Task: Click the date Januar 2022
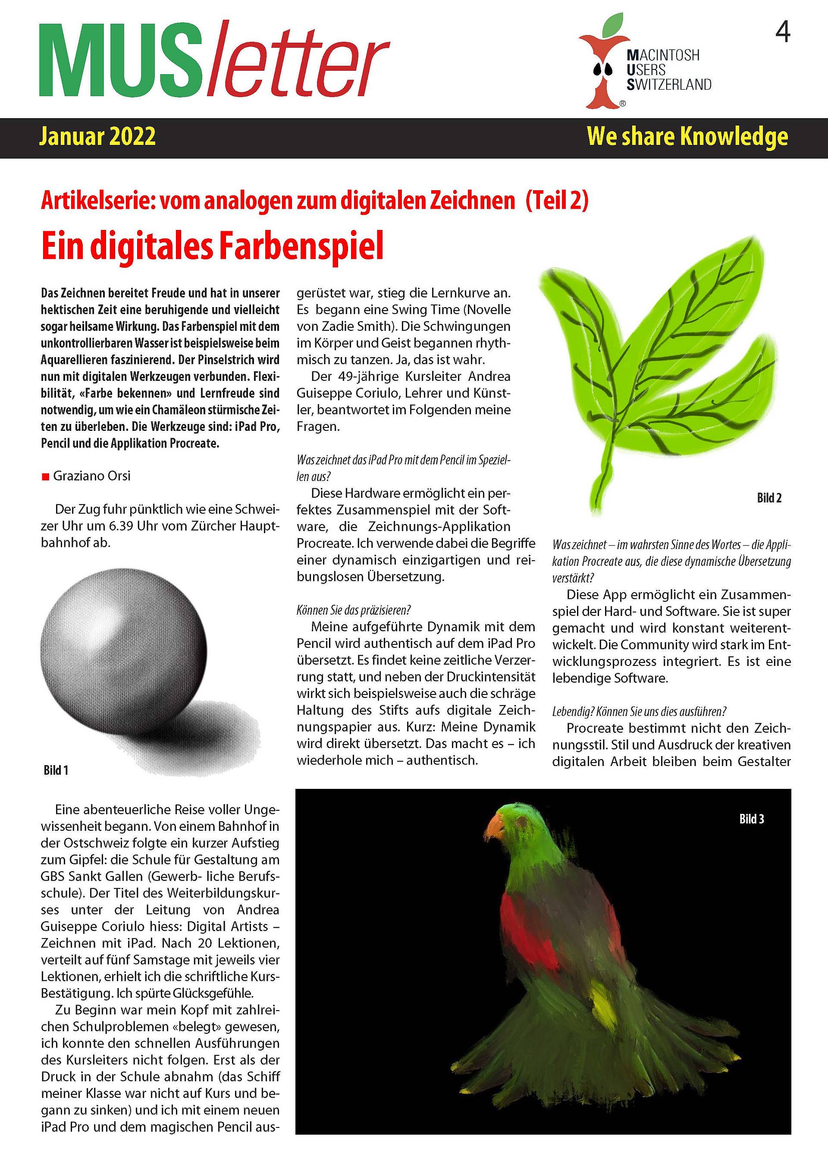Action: pos(97,137)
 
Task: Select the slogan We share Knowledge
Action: pos(687,137)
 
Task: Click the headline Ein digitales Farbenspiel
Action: pos(212,247)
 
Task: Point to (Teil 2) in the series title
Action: pos(557,201)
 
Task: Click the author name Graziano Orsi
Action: pos(92,476)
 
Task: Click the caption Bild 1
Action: pos(56,770)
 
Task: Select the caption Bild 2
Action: pos(769,498)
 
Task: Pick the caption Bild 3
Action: pos(752,819)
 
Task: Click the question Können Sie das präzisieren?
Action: pos(354,610)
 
